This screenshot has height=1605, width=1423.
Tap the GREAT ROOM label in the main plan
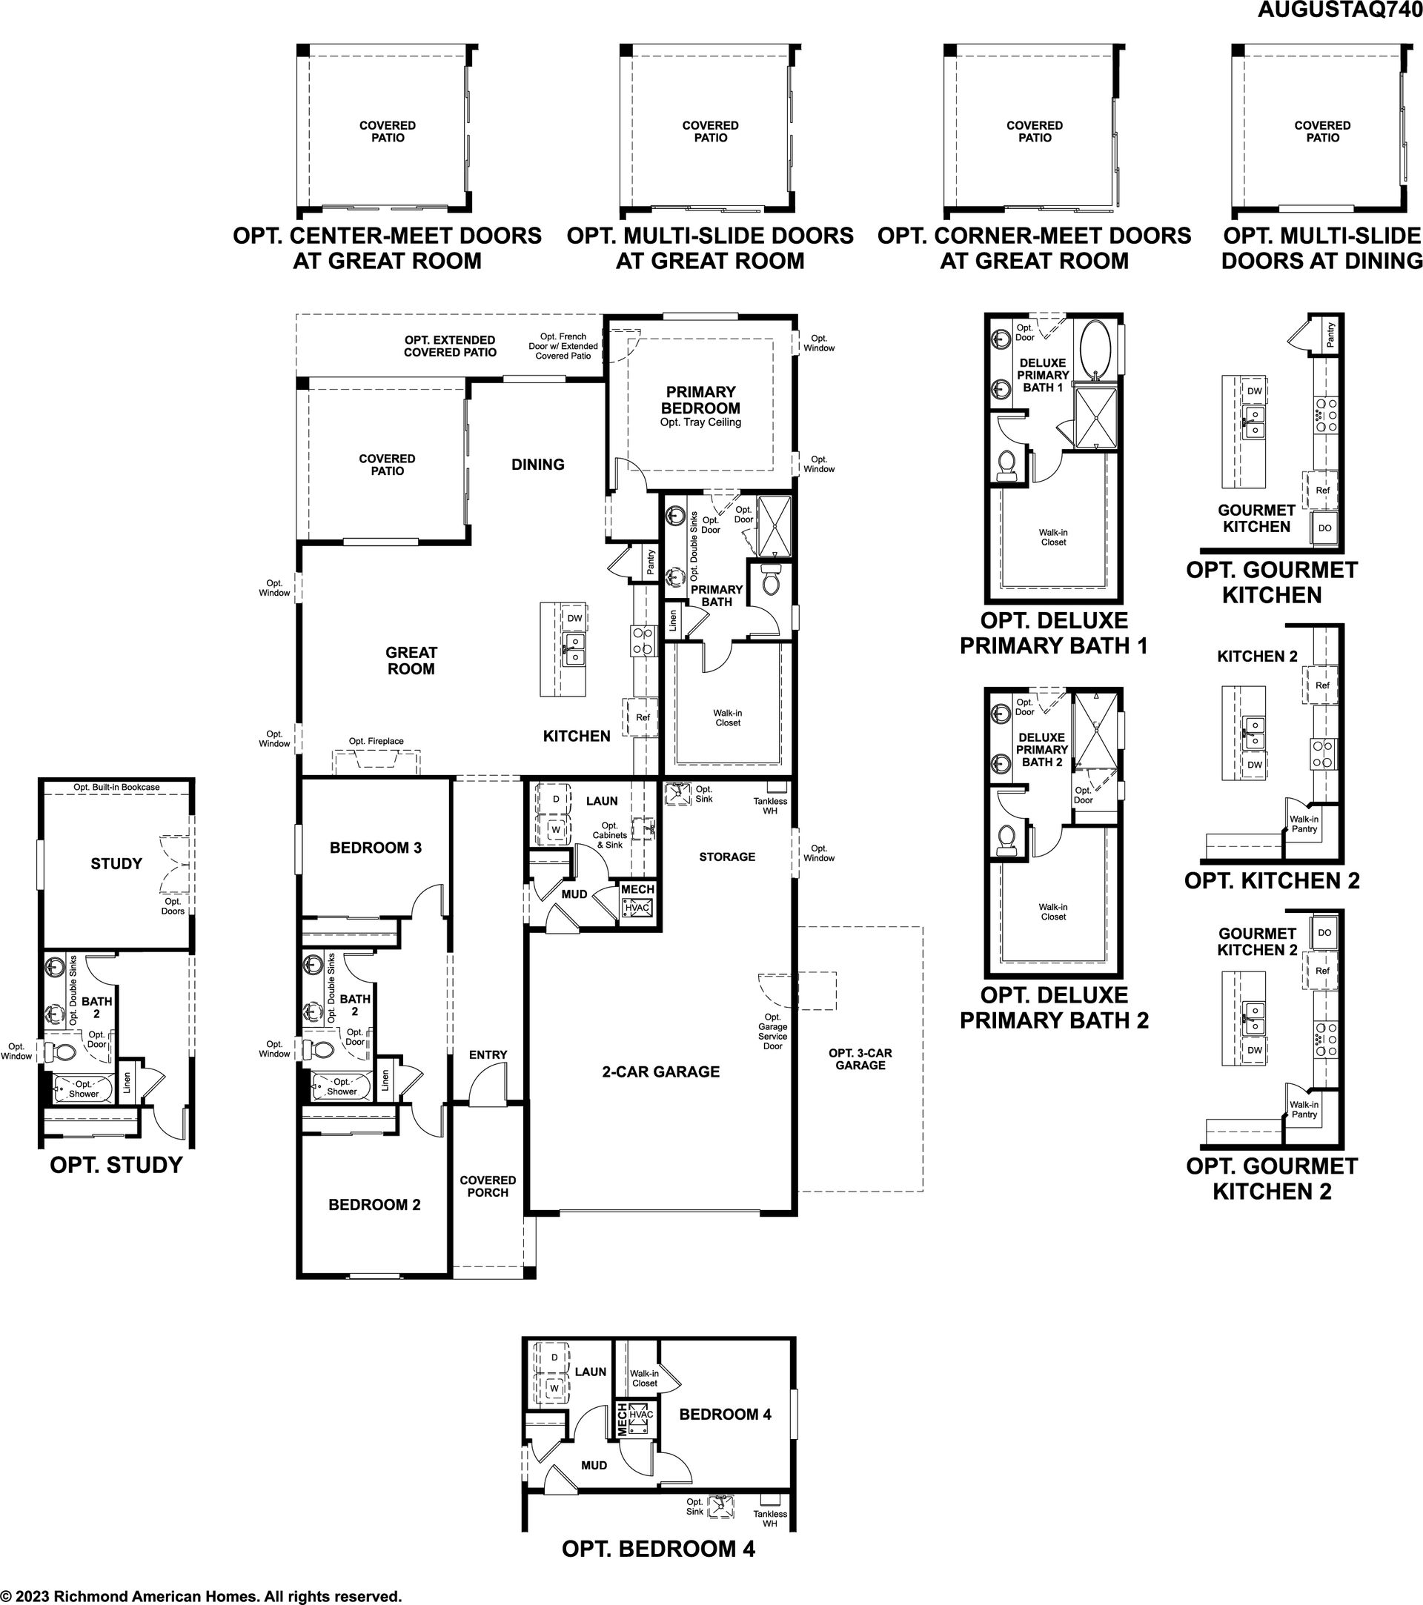point(411,660)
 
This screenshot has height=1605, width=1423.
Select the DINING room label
point(538,464)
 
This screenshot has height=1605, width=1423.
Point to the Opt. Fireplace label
point(377,741)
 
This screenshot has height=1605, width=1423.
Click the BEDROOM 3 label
point(375,847)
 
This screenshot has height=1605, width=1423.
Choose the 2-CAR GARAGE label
point(660,1071)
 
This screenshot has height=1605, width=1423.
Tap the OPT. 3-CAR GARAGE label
point(860,1058)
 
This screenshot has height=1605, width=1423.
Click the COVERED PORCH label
point(488,1186)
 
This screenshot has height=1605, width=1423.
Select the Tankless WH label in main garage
point(769,805)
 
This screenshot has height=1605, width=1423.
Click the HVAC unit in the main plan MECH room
point(637,908)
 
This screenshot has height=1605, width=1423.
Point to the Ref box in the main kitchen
point(643,717)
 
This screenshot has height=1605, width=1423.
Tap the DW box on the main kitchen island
point(574,618)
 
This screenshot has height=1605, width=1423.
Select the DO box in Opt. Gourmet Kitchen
point(1325,528)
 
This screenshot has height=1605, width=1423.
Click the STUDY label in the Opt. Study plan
point(116,864)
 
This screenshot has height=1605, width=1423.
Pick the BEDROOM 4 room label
point(725,1414)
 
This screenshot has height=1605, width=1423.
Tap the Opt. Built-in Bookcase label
point(116,787)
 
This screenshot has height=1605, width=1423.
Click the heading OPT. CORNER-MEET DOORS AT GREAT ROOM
point(1034,248)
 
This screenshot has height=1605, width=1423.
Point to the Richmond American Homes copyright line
point(201,1595)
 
